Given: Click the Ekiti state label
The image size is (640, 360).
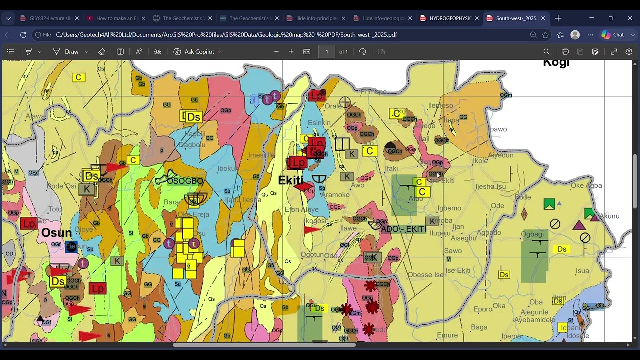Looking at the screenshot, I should point(290,180).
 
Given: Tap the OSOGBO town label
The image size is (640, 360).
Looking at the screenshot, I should point(185,181).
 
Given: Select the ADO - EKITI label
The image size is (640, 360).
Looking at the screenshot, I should point(403,229).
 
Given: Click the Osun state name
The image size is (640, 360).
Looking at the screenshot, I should point(56,233).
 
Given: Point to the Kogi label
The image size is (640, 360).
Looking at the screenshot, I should point(556,63).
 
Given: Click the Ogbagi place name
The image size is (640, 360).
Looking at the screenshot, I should point(532,234).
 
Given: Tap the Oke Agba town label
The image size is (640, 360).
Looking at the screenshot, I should point(586,185).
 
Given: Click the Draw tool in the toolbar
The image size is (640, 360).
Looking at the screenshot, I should point(66,52).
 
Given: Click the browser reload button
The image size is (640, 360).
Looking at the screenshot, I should point(23,35).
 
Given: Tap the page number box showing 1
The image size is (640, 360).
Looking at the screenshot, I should point(327,52).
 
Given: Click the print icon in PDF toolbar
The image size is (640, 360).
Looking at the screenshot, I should point(565,52).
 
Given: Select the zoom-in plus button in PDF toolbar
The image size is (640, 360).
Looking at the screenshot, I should point(291,52).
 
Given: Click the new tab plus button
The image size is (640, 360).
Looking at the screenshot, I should point(558,18).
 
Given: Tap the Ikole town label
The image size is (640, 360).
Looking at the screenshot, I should point(480,161).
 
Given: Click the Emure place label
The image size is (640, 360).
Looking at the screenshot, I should point(447,335).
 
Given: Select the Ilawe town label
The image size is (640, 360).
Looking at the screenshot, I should point(348,228).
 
